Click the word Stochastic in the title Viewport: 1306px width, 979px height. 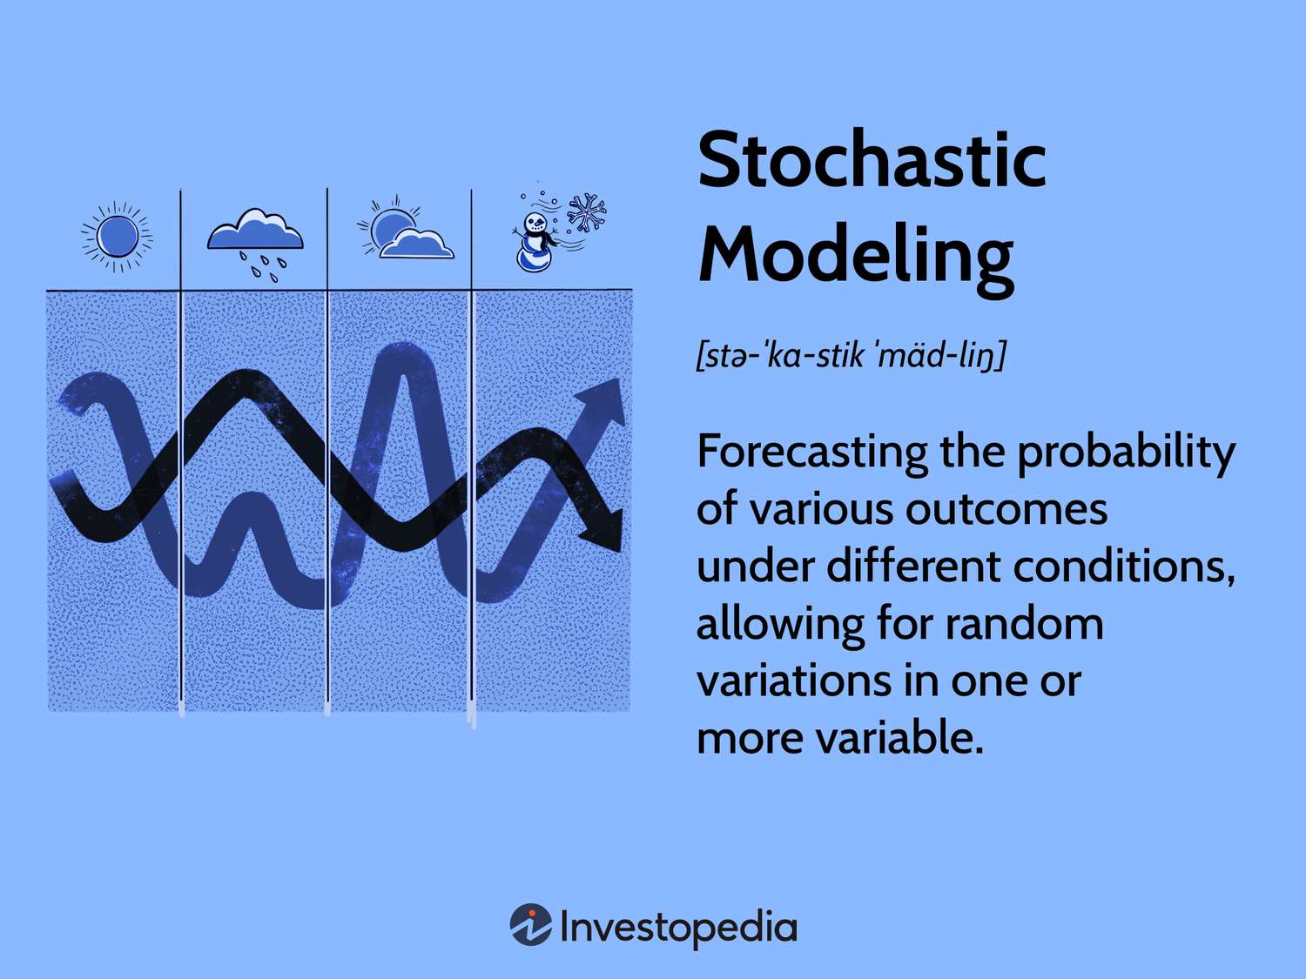point(872,159)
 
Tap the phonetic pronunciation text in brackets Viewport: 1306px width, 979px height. point(852,355)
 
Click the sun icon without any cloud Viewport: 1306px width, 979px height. point(117,236)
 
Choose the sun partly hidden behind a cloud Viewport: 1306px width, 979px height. point(406,228)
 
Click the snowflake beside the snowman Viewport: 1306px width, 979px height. point(587,213)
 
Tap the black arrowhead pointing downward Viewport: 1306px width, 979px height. point(603,528)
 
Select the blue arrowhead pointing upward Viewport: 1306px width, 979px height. point(604,402)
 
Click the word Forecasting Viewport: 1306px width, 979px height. point(812,453)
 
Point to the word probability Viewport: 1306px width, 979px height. point(1125,453)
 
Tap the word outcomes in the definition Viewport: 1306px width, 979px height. point(1006,509)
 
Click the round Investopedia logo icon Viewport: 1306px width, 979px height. point(531,924)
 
